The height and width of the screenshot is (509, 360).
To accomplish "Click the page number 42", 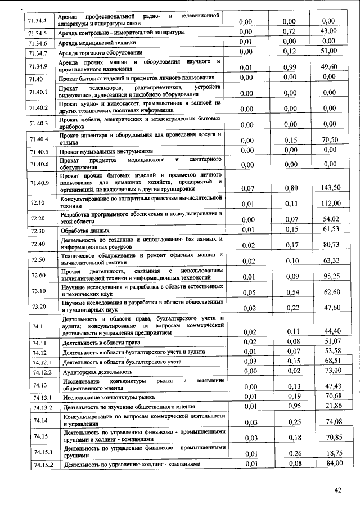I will coord(338,490).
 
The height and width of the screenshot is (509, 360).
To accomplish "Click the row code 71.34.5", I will coord(38,33).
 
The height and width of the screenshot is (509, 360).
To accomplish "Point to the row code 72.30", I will coord(38,231).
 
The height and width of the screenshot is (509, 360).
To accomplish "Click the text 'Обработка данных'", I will coord(85,231).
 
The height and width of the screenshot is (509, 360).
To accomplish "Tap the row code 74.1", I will coord(38,326).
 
